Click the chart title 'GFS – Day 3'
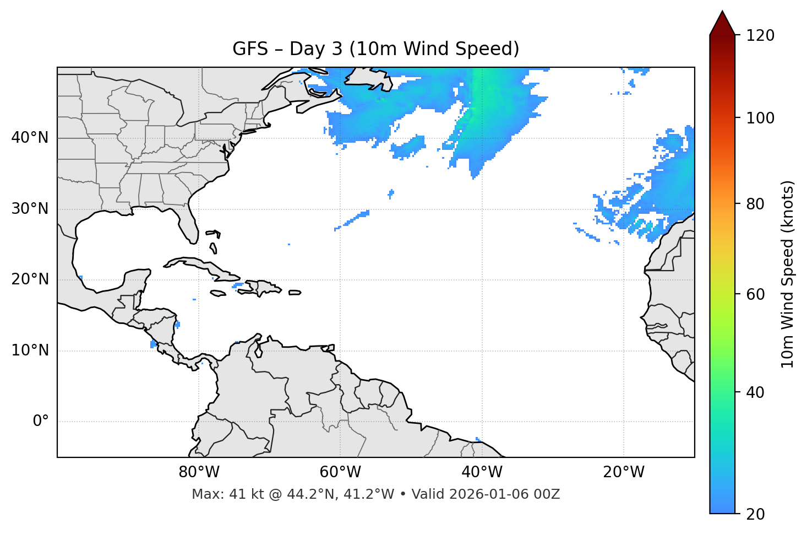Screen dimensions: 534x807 (375, 49)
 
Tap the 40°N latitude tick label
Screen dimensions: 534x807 (30, 138)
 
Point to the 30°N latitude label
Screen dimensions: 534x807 (30, 209)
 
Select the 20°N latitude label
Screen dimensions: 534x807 (30, 279)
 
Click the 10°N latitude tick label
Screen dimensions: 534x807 (30, 350)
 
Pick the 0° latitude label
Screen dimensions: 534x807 (41, 422)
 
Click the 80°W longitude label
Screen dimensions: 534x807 (199, 472)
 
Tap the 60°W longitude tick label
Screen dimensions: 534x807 (340, 472)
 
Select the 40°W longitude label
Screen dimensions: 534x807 (482, 472)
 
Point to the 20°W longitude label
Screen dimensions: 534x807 (623, 472)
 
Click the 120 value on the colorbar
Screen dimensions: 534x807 (760, 35)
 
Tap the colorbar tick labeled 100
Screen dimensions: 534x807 (760, 118)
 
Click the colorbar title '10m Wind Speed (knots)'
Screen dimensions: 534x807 (788, 274)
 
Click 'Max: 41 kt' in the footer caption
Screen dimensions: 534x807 (217, 494)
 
